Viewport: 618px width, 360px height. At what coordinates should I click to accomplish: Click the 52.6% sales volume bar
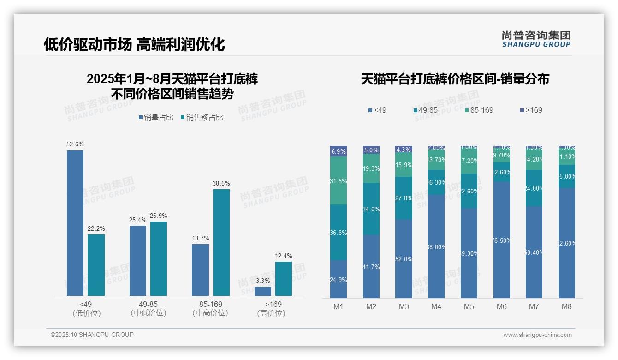tap(75, 223)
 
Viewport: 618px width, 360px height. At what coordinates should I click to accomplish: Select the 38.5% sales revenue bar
tap(221, 242)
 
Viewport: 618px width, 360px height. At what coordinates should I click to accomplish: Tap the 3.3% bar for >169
tap(263, 291)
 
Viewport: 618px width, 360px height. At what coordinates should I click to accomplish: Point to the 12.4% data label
tap(284, 256)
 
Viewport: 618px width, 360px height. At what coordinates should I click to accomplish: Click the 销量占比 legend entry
tap(156, 118)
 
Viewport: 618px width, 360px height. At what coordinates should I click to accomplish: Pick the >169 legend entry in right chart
tap(531, 110)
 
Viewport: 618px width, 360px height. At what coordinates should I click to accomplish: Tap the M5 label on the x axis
tap(469, 306)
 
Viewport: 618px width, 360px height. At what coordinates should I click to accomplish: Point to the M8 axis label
tap(567, 306)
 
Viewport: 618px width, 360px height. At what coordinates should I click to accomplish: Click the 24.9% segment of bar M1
tap(339, 279)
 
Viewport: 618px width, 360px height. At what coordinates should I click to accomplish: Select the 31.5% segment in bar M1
tap(339, 180)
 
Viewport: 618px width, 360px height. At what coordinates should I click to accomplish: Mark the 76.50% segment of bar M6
tap(502, 240)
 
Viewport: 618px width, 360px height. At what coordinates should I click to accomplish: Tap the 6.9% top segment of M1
tap(339, 151)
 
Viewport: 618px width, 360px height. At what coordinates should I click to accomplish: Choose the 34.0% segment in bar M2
tap(371, 209)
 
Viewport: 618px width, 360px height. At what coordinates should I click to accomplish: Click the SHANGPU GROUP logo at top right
tap(536, 39)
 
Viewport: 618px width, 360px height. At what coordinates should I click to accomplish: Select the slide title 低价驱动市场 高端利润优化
tap(134, 44)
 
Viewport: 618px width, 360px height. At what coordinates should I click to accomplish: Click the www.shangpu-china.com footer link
tap(537, 335)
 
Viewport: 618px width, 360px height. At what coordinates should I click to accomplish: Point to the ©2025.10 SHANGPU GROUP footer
tap(92, 335)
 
